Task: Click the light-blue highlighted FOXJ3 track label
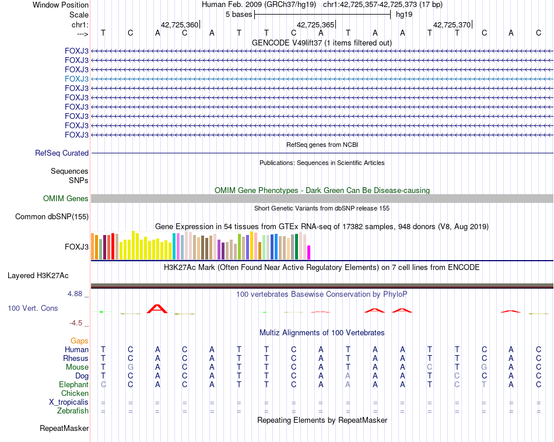click(x=77, y=79)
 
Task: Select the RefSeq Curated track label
click(x=62, y=153)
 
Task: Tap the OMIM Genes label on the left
click(x=66, y=199)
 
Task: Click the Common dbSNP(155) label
click(x=52, y=217)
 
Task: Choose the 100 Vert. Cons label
click(x=33, y=308)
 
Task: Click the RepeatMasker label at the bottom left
click(x=64, y=429)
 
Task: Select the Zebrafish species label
click(x=73, y=411)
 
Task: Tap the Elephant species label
click(x=73, y=385)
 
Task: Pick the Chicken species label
click(x=75, y=394)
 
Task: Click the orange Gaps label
click(x=79, y=341)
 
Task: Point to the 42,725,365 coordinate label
click(x=315, y=24)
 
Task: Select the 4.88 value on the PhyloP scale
click(x=75, y=294)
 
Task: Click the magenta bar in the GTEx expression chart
click(x=309, y=252)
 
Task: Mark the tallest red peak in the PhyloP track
click(x=157, y=308)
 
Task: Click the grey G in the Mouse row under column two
click(x=130, y=367)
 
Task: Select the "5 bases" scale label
click(x=238, y=14)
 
